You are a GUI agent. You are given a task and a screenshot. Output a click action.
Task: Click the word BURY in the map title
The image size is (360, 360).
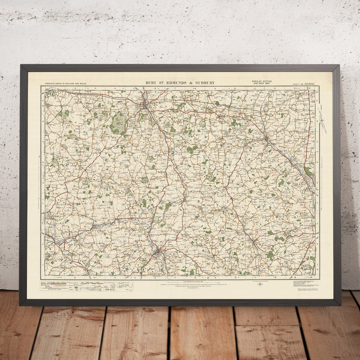pyautogui.click(x=151, y=83)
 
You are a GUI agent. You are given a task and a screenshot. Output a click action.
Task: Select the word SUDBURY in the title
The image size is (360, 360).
pyautogui.click(x=205, y=83)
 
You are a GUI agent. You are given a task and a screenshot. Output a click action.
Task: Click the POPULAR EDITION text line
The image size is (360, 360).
pyautogui.click(x=262, y=81)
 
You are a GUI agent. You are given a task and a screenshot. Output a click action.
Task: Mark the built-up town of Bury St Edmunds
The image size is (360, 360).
pyautogui.click(x=144, y=105)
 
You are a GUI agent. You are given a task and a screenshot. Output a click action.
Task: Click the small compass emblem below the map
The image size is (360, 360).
pyautogui.click(x=261, y=285)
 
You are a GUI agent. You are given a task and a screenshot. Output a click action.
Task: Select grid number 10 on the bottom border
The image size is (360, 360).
pyautogui.click(x=236, y=277)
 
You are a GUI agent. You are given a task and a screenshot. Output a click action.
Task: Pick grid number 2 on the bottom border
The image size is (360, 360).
pyautogui.click(x=75, y=277)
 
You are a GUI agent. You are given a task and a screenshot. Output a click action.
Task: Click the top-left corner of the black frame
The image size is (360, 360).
pyautogui.click(x=21, y=66)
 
